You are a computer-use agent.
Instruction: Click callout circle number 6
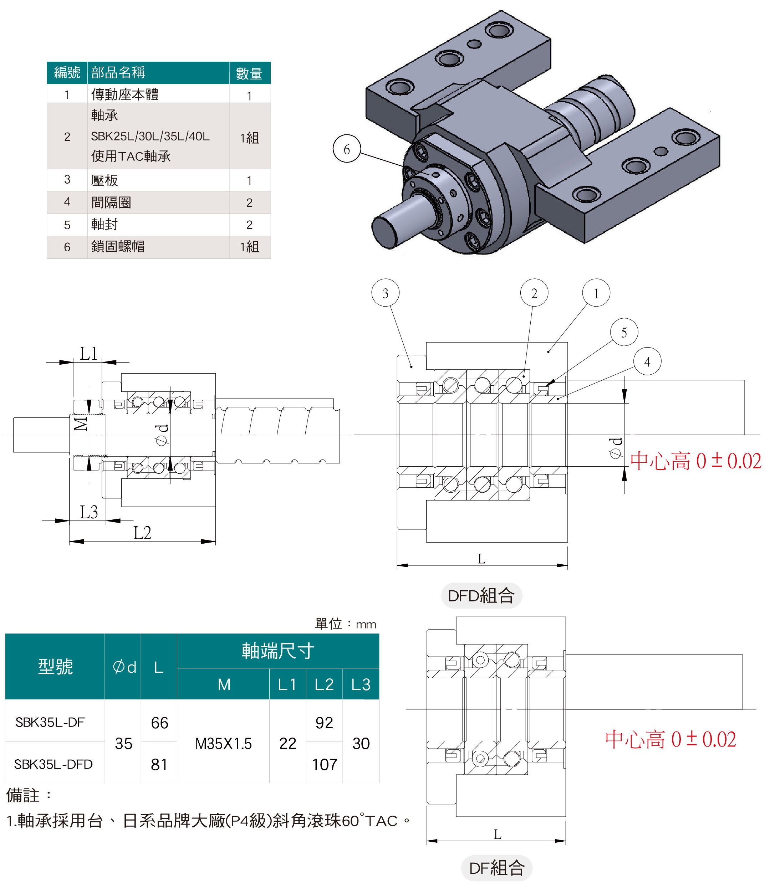[x=347, y=149]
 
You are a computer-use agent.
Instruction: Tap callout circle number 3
[x=385, y=293]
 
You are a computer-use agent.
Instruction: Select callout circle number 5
[x=624, y=332]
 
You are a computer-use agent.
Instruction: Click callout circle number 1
[x=596, y=293]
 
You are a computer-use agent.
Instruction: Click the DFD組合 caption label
[x=481, y=596]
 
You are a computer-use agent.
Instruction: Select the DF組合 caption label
[x=496, y=868]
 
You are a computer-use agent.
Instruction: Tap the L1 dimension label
[x=88, y=354]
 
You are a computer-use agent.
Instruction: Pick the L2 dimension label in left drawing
[x=142, y=533]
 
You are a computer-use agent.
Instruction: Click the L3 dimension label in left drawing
[x=89, y=512]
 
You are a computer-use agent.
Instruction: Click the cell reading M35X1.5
[x=223, y=744]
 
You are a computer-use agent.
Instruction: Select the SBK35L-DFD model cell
[x=53, y=764]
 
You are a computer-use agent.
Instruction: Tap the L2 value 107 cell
[x=324, y=765]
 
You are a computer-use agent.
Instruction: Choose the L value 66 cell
[x=159, y=723]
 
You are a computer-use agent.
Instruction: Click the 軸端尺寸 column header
[x=278, y=651]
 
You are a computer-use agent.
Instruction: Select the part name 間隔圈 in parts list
[x=111, y=202]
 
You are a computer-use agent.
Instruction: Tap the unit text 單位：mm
[x=345, y=624]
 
